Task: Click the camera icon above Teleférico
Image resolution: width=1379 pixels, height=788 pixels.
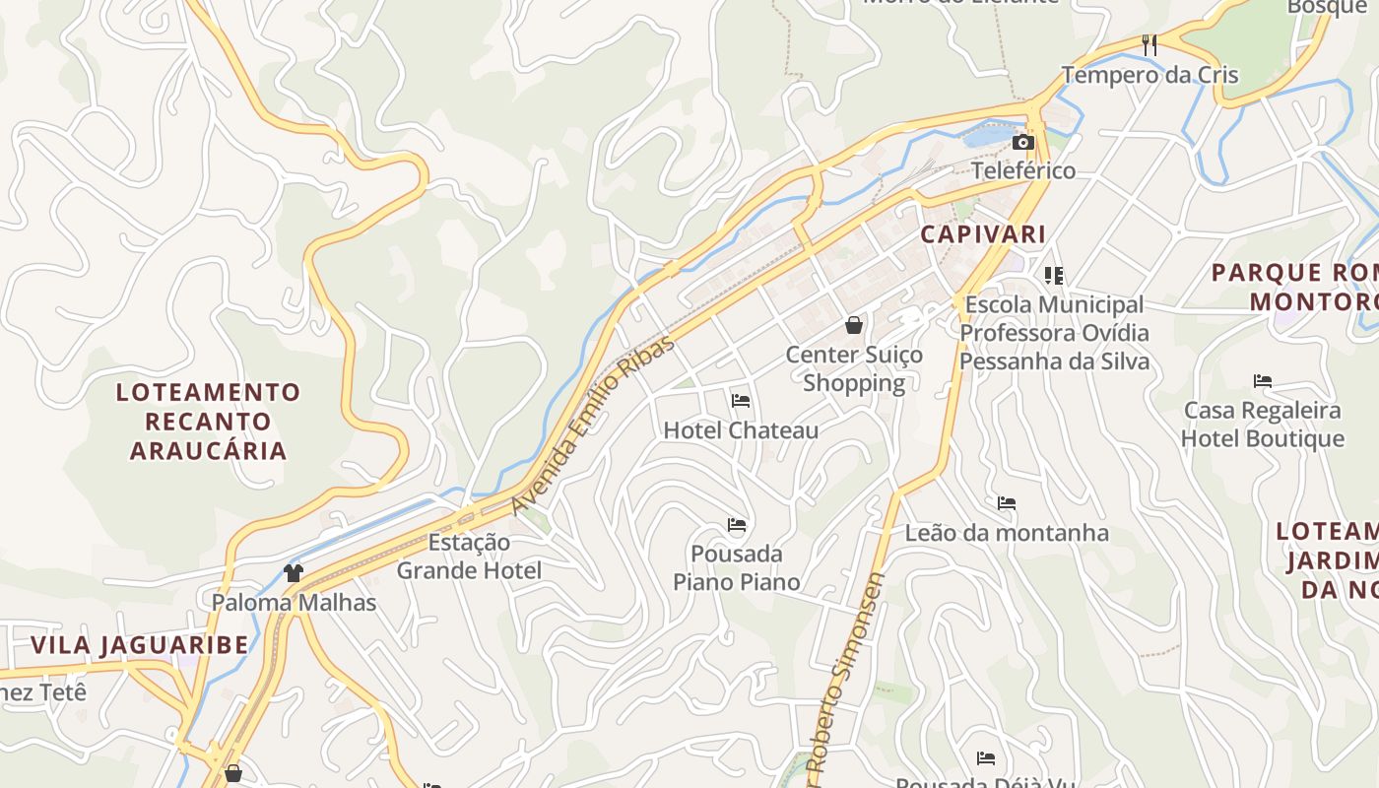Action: (1023, 143)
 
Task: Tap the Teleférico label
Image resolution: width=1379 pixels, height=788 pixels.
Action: (1023, 170)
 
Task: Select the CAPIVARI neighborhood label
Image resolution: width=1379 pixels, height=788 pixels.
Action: (982, 234)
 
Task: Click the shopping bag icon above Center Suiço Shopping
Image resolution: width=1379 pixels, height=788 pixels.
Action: (854, 325)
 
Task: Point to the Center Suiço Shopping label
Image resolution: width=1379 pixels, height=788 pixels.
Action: (854, 368)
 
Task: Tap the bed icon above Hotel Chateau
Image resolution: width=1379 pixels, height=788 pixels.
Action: (741, 401)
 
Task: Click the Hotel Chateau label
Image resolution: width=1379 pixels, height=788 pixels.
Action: (741, 430)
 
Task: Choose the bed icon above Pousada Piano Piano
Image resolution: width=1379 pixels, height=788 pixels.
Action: (737, 525)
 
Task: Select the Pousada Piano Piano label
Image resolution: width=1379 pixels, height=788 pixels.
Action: (737, 567)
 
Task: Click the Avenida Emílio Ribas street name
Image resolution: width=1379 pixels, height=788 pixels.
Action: (594, 425)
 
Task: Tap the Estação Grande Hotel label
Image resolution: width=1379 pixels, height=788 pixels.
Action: (469, 556)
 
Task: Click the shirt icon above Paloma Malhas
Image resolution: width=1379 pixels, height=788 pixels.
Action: (293, 572)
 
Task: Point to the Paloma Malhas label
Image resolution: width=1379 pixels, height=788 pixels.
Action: (294, 602)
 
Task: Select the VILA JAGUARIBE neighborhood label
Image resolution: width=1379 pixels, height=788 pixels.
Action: (139, 645)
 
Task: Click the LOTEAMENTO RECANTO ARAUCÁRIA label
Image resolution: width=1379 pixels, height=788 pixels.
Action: (208, 422)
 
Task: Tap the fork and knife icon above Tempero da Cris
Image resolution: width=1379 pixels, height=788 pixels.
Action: (1149, 44)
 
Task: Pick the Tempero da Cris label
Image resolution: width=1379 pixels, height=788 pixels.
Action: (1149, 75)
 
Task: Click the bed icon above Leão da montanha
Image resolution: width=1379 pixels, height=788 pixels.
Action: (1006, 503)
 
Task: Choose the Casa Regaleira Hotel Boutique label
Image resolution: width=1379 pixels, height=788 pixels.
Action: (1262, 424)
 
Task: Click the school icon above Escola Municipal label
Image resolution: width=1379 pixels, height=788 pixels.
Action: (1054, 276)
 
